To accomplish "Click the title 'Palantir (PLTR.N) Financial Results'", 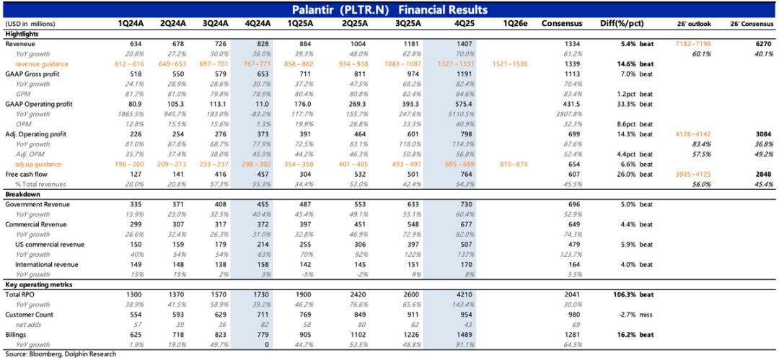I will [x=389, y=9].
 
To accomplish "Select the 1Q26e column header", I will [x=512, y=24].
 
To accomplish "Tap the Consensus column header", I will [x=561, y=24].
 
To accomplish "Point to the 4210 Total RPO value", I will [x=442, y=294].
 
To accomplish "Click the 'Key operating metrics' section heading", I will [x=38, y=284].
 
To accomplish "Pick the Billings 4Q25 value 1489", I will [x=442, y=335].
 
